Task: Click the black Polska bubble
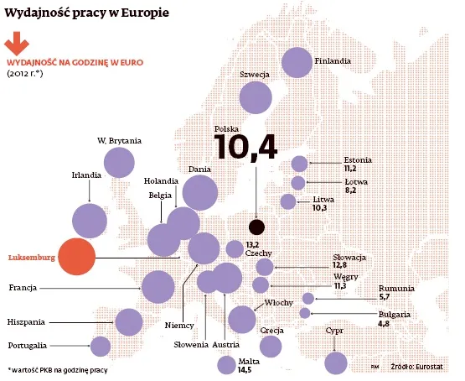pyautogui.click(x=256, y=226)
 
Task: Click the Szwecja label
pyautogui.click(x=253, y=75)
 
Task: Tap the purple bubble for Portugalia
pyautogui.click(x=101, y=346)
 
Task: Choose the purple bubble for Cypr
pyautogui.click(x=336, y=363)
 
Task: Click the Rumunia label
pyautogui.click(x=396, y=289)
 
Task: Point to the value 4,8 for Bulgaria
pyautogui.click(x=384, y=322)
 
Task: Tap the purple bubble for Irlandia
pyautogui.click(x=90, y=221)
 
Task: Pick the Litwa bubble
pyautogui.click(x=288, y=201)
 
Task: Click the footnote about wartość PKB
pyautogui.click(x=57, y=369)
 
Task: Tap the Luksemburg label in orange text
pyautogui.click(x=30, y=258)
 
